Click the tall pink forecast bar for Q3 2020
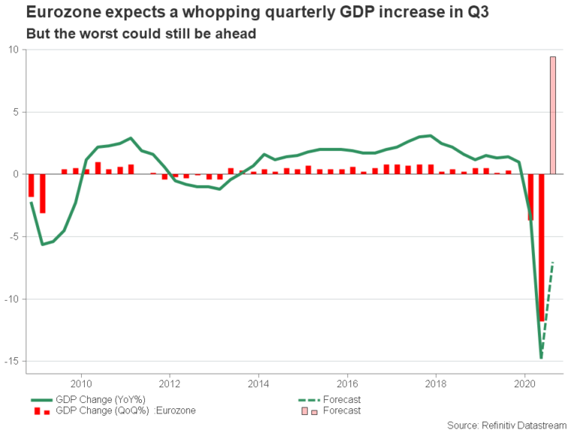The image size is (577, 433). pos(553,115)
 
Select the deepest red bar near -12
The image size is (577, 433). pos(542,248)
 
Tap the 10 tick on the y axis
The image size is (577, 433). pos(14,50)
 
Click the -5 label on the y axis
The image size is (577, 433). pos(14,237)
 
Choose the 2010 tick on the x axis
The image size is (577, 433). pos(81,380)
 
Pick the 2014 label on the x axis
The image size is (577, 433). pos(258,380)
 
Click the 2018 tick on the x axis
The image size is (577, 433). pos(435,380)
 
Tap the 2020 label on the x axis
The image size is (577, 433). pos(524,380)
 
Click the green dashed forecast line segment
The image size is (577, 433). pos(548,308)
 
